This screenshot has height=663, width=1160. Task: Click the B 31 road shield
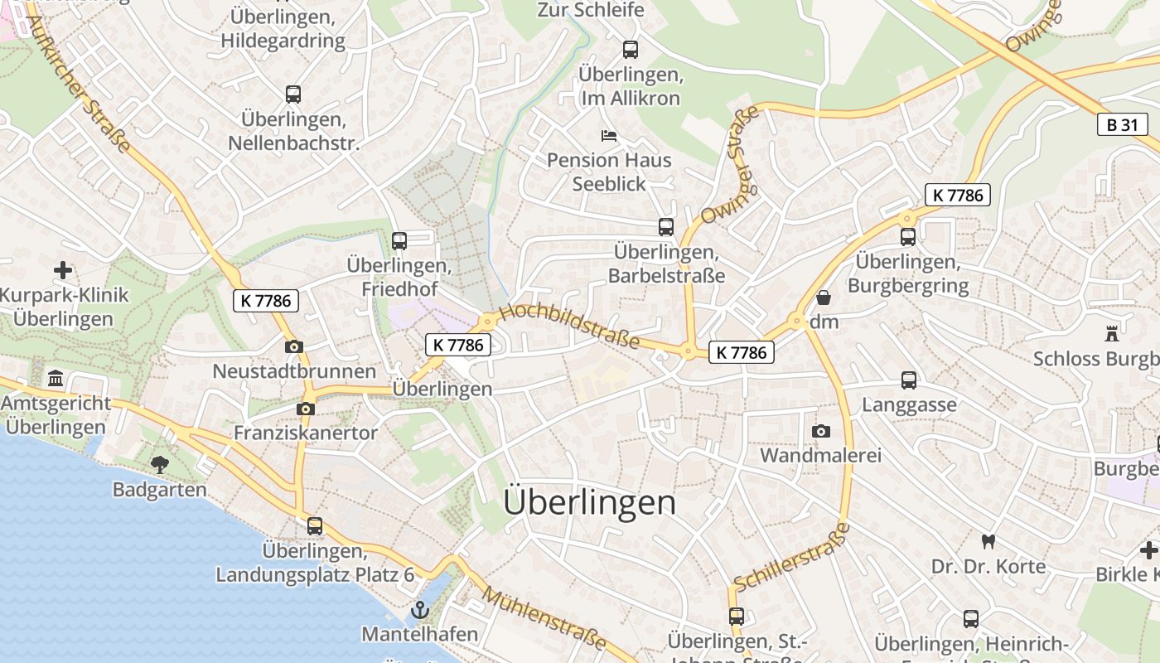(x=1123, y=125)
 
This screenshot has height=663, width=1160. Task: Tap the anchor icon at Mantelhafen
(x=420, y=611)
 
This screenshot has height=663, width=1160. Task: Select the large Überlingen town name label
(x=589, y=502)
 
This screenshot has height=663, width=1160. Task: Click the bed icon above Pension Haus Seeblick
(x=609, y=135)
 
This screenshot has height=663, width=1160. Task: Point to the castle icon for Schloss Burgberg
(x=1112, y=334)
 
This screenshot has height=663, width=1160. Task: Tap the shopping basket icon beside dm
(x=824, y=298)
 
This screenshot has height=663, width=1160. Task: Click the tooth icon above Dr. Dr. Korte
(x=987, y=542)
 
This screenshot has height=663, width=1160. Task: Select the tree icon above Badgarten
(x=159, y=465)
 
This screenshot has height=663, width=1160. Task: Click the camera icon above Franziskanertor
(x=305, y=409)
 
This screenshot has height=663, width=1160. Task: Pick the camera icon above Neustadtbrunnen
(x=293, y=347)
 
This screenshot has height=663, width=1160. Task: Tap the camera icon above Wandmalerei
(x=820, y=431)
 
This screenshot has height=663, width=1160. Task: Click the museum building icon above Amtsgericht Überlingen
(x=56, y=379)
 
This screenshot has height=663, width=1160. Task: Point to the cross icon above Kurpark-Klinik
(x=63, y=270)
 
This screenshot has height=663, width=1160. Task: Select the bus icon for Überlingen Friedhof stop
(x=399, y=241)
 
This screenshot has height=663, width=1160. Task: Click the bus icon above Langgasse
(x=909, y=380)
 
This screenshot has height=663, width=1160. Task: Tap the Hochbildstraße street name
(x=570, y=326)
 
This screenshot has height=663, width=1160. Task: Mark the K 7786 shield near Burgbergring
(x=957, y=196)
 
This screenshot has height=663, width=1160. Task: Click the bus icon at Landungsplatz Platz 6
(x=315, y=525)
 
